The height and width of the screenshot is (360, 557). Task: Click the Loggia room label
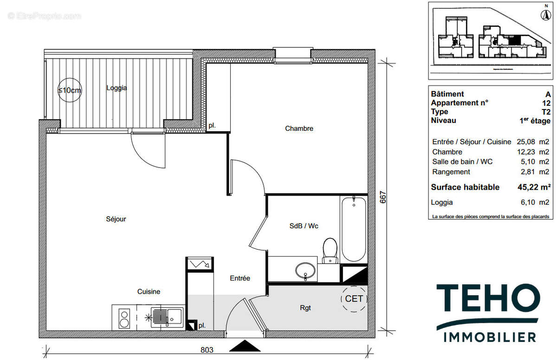(x=117, y=88)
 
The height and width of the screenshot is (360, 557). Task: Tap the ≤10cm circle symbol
(x=69, y=90)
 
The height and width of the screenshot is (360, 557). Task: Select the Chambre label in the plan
(x=299, y=129)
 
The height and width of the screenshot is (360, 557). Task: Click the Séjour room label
(x=116, y=219)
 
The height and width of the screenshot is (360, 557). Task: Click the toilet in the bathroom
(x=330, y=251)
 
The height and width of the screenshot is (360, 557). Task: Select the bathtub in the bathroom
(x=354, y=229)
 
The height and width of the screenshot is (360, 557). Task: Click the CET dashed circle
(x=354, y=299)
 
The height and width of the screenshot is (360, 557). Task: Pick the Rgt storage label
(x=305, y=307)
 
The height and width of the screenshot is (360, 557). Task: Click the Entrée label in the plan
(x=240, y=278)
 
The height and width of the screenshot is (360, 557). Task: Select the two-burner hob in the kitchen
(x=124, y=318)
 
